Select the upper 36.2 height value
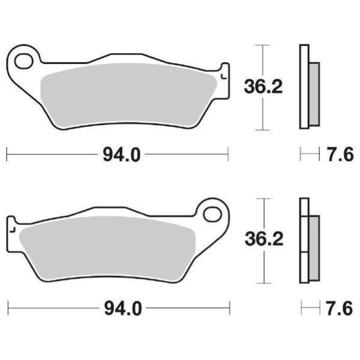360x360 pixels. (263, 86)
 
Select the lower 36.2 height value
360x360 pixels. (264, 239)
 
